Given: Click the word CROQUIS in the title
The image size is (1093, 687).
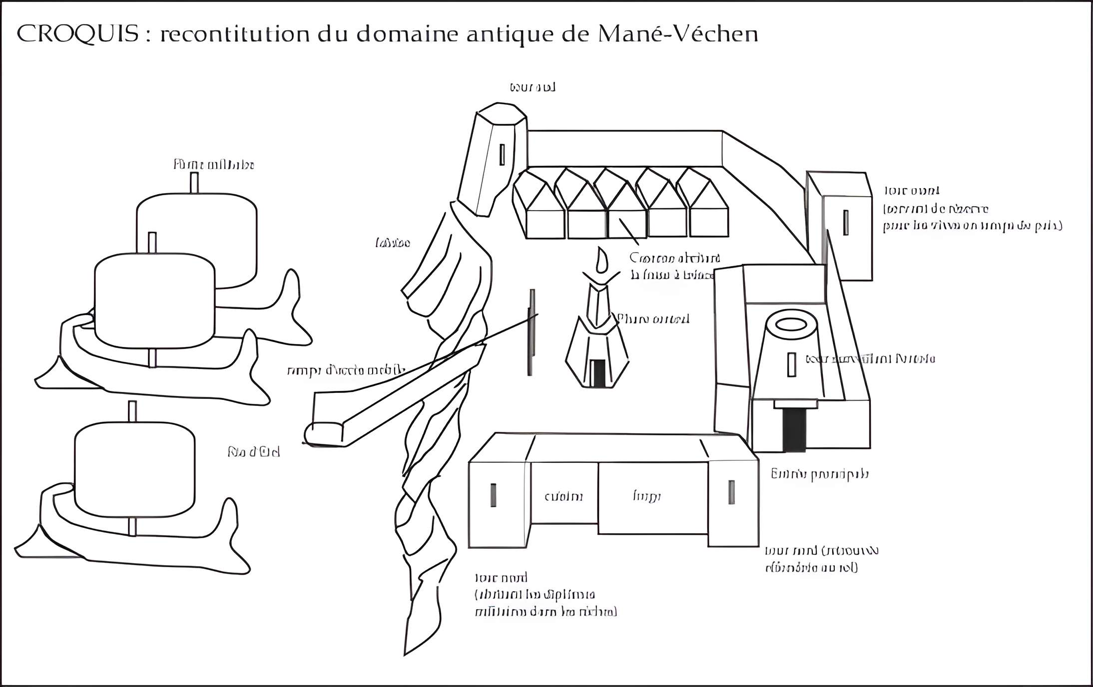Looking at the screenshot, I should pos(77,34).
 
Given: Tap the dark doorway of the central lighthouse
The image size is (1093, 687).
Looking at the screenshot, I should pos(597,372).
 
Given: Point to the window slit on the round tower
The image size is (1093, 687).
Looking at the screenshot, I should pos(791,364).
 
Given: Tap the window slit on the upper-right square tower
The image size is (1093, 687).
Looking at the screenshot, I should pos(846,222).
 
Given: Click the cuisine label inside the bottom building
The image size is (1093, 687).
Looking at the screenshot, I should pos(563,497).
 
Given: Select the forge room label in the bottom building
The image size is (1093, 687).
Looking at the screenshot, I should pos(647,496).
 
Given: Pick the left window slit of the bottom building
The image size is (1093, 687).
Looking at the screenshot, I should pos(493,495).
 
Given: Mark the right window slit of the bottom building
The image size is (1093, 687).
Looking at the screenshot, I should pos(731,492).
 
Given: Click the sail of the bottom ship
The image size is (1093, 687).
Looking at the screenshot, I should pos(134,469).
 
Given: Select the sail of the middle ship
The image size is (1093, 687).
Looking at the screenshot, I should pos(154,300).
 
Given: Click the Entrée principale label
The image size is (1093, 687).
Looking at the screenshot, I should pos(819,474).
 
